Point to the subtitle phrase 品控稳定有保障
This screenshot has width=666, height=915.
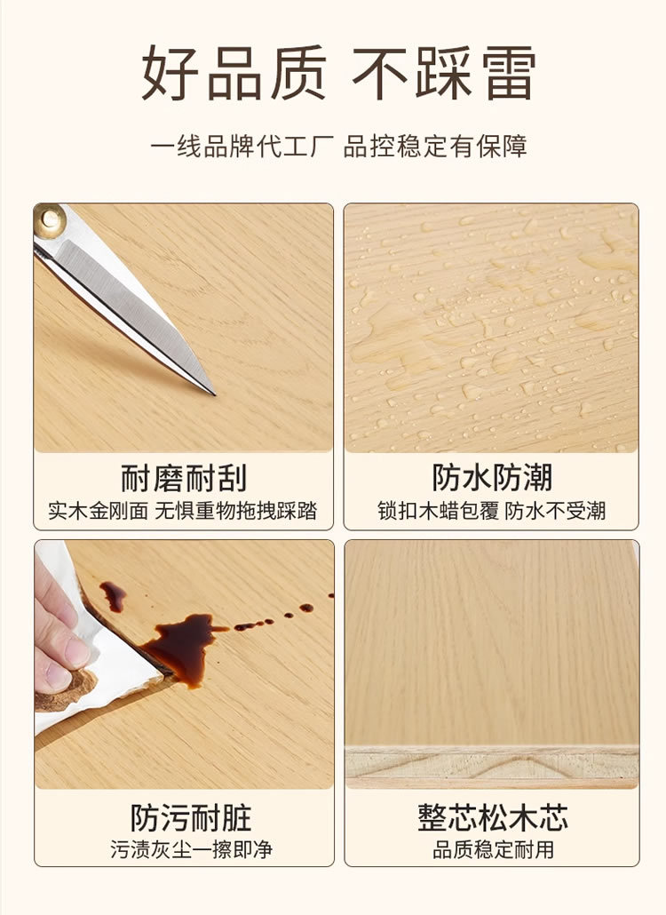click(435, 146)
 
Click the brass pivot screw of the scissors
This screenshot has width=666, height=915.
click(49, 219)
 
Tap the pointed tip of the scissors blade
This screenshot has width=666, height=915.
click(211, 391)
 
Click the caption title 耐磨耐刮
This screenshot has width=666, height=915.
click(184, 478)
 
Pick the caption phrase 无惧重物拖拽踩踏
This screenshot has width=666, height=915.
click(236, 512)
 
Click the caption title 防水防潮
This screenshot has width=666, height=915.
click(492, 478)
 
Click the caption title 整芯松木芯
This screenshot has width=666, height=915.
click(493, 817)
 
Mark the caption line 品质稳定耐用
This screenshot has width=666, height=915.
click(493, 850)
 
